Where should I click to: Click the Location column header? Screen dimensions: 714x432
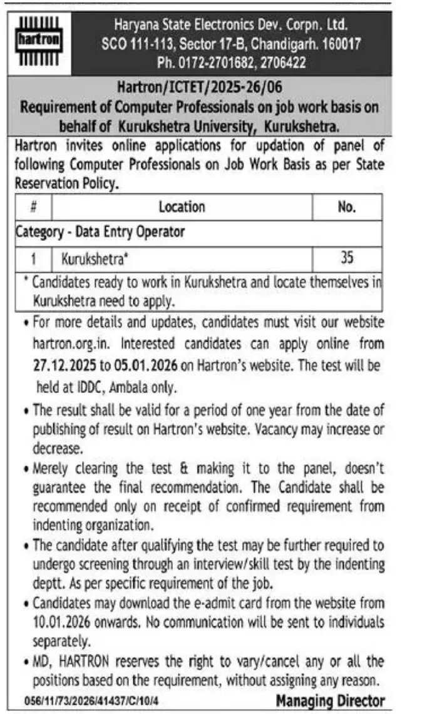click(182, 207)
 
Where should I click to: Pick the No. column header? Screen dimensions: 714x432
click(346, 207)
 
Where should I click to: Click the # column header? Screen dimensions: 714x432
click(33, 207)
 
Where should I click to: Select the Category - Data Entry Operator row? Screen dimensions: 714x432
click(100, 232)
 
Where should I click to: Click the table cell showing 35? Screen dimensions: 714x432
click(346, 257)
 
